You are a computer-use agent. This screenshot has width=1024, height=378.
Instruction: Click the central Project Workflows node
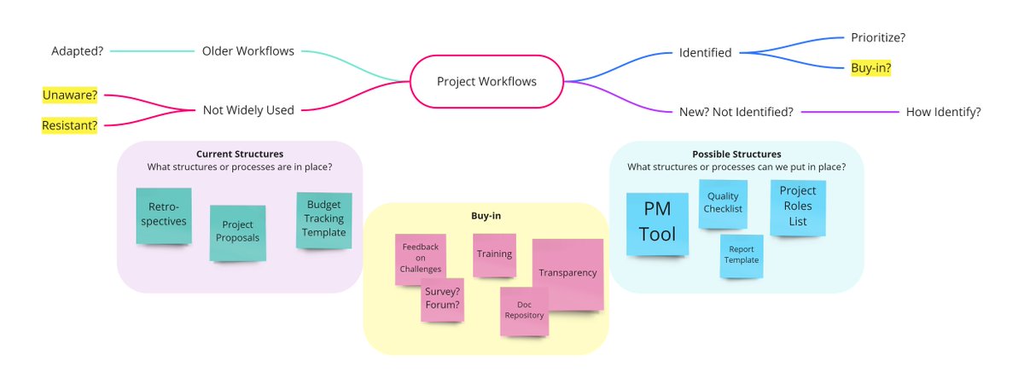pos(486,82)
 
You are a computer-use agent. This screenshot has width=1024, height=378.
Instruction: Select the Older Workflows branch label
pos(247,51)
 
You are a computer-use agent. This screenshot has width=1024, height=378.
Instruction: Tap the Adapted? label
pos(77,51)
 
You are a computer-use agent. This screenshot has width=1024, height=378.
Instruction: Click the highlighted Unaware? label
pos(70,95)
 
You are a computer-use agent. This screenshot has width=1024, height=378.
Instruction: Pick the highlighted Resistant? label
pos(69,125)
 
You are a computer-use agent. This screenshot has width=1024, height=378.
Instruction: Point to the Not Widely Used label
pos(248,110)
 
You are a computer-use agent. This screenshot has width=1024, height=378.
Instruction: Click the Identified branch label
pos(705,53)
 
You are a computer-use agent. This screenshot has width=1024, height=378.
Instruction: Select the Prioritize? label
pos(878,38)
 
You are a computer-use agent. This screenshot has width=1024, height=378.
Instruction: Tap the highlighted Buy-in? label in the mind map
pos(870,68)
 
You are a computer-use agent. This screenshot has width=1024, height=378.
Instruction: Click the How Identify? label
pos(943,112)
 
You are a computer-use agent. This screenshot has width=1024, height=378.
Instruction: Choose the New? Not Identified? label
pos(736,112)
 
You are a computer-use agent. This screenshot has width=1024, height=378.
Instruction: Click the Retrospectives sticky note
pos(163,215)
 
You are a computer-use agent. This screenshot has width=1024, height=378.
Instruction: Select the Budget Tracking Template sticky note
pos(323,220)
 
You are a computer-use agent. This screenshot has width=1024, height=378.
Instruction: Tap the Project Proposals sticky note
pos(237,232)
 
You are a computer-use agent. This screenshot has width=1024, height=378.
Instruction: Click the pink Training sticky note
pos(494,254)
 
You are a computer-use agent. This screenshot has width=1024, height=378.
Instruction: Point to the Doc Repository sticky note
pos(523,311)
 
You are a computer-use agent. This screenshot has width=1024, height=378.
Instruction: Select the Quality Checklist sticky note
pos(723,203)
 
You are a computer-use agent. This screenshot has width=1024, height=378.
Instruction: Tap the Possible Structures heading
pos(736,154)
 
